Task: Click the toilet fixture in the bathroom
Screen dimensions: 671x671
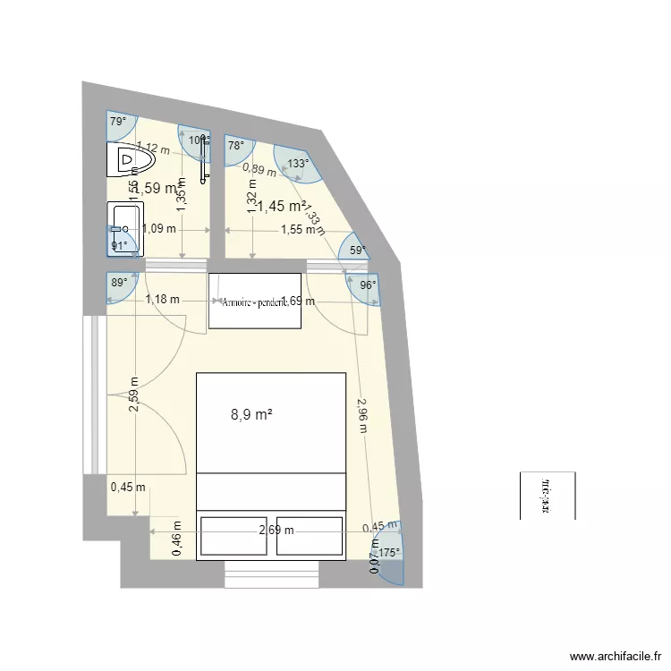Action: pos(131,161)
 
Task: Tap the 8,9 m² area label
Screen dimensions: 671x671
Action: pos(251,414)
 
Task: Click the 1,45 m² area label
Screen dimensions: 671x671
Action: pos(282,207)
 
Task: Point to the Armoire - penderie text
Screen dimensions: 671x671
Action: pos(255,302)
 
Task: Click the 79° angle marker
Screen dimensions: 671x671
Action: pos(117,122)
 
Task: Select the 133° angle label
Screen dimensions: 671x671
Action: pos(298,164)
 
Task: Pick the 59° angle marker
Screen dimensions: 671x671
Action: pos(358,251)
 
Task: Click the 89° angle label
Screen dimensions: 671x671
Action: pos(118,282)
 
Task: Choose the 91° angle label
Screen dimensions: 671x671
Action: pos(119,245)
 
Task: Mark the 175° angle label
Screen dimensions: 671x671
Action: pos(388,553)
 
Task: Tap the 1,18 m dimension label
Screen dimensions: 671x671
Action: pos(162,300)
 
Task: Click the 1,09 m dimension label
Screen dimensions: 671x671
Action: pos(158,229)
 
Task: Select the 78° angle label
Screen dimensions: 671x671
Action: pos(235,145)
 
